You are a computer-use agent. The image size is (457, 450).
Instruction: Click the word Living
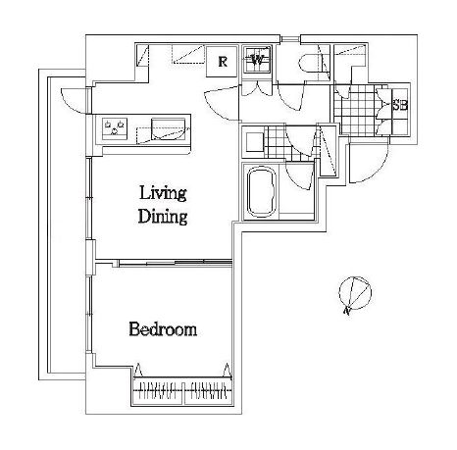(x=163, y=194)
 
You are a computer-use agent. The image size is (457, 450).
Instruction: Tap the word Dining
(x=163, y=216)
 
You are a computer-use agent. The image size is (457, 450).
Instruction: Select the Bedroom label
(x=163, y=329)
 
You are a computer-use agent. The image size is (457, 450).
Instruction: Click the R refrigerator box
(x=222, y=62)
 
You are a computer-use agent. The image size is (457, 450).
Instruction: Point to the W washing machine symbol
(x=257, y=60)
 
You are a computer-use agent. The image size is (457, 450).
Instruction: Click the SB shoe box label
(x=400, y=105)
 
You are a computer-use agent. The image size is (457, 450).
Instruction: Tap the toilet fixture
(x=311, y=63)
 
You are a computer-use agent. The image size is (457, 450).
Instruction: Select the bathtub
(x=262, y=191)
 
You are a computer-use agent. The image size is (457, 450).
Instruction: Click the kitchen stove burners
(x=115, y=128)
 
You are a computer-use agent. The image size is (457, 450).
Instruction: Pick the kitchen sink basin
(x=168, y=129)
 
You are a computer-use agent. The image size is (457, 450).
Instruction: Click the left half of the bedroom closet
(x=157, y=391)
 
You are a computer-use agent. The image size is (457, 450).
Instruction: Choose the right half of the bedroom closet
(x=209, y=391)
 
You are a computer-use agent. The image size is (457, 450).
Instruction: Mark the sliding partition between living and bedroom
(x=176, y=262)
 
